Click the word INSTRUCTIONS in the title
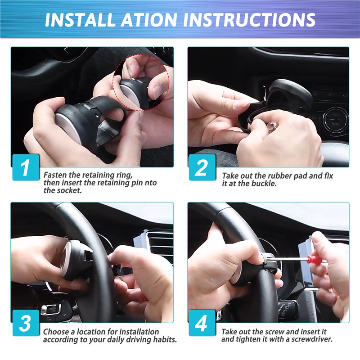click(249, 20)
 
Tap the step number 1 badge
click(26, 167)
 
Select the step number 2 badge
click(202, 167)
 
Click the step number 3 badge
click(26, 323)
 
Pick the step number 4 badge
click(202, 323)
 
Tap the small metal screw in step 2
click(272, 126)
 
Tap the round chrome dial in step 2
click(335, 120)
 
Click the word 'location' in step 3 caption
click(94, 332)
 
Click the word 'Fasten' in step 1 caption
click(55, 175)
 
